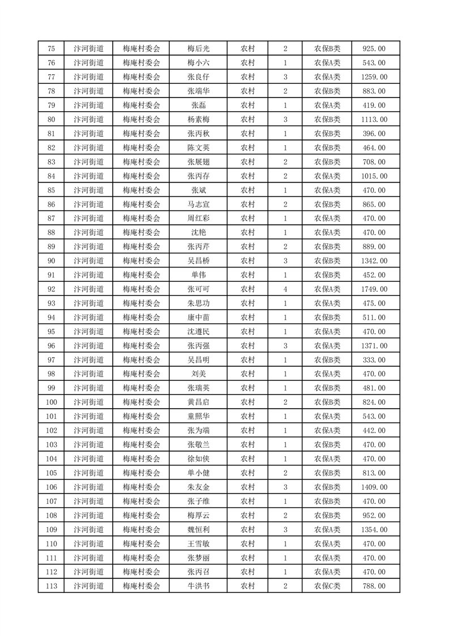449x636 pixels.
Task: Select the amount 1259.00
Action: point(374,77)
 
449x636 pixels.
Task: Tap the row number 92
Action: point(52,289)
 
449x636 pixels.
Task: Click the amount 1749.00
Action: point(374,289)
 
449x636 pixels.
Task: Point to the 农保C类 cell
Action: point(327,586)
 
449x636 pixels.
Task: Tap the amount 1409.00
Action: point(374,487)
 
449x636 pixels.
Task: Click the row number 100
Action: point(52,402)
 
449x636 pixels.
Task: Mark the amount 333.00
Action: point(374,360)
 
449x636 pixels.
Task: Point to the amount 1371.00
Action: point(374,346)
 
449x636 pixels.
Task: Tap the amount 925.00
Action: point(374,49)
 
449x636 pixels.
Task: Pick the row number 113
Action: point(52,586)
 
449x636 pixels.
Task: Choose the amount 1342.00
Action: point(374,261)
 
